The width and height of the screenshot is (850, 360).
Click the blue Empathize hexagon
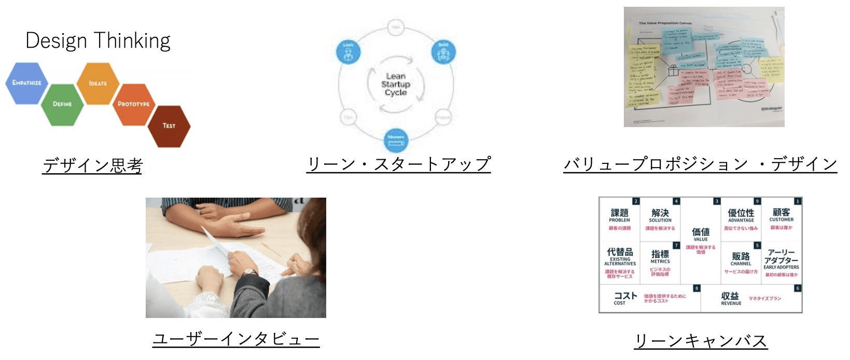26,83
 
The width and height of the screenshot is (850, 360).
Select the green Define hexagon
62,104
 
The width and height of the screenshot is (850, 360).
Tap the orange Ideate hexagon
97,83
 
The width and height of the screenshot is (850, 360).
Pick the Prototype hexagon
133,104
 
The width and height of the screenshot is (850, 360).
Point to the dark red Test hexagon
169,126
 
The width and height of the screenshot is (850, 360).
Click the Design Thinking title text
98,40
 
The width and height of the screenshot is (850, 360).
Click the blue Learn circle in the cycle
348,52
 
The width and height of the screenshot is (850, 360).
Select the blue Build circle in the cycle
443,52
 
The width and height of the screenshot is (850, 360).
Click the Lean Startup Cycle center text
396,84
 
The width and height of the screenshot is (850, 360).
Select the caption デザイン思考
92,165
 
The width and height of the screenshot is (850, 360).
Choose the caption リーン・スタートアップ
398,164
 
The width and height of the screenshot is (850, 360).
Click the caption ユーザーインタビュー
236,339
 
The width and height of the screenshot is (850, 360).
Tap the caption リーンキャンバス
700,341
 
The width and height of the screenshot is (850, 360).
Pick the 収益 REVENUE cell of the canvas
751,299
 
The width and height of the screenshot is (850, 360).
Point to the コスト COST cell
649,299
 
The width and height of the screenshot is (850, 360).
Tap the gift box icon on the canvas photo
673,71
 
